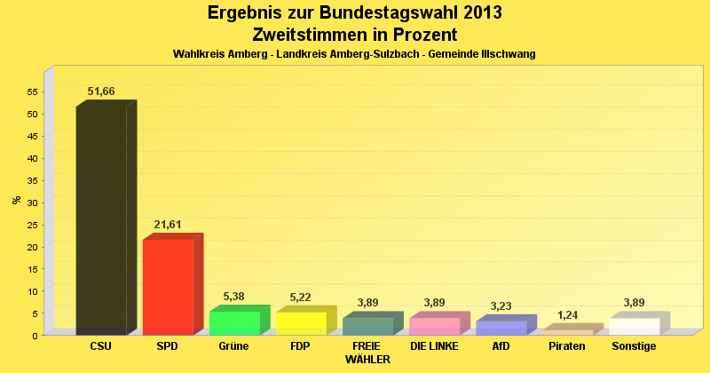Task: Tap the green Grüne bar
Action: pos(234,322)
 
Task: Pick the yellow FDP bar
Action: pos(301,323)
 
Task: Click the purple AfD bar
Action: pos(501,328)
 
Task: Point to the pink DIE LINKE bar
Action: pos(434,326)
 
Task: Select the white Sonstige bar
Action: pos(634,326)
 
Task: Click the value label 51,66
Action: pos(101,91)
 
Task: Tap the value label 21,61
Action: pos(168,225)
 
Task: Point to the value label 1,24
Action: pos(567,315)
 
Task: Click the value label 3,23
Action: pos(501,306)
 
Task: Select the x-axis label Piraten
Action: pos(567,346)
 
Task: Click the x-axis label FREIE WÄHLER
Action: pos(367,353)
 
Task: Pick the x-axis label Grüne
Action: pos(233,346)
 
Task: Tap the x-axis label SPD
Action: pos(167,346)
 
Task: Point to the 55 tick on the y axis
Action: pos(33,91)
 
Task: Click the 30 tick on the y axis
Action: pos(33,202)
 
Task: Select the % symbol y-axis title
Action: pos(16,200)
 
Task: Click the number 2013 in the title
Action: pos(480,12)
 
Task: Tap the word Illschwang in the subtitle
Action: pos(508,54)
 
